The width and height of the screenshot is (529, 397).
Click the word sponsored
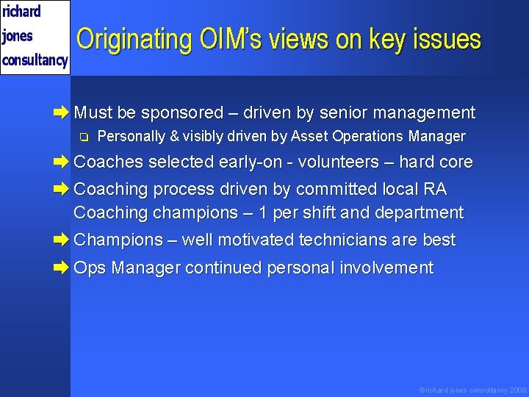coord(182,113)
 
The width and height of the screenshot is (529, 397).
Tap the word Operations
coord(366,137)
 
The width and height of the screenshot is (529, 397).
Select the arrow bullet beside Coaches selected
coord(63,162)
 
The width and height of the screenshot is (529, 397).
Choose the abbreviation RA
coord(434,189)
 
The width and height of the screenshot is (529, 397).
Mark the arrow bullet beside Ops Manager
coord(63,268)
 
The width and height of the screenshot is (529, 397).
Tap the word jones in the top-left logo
coord(18,35)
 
